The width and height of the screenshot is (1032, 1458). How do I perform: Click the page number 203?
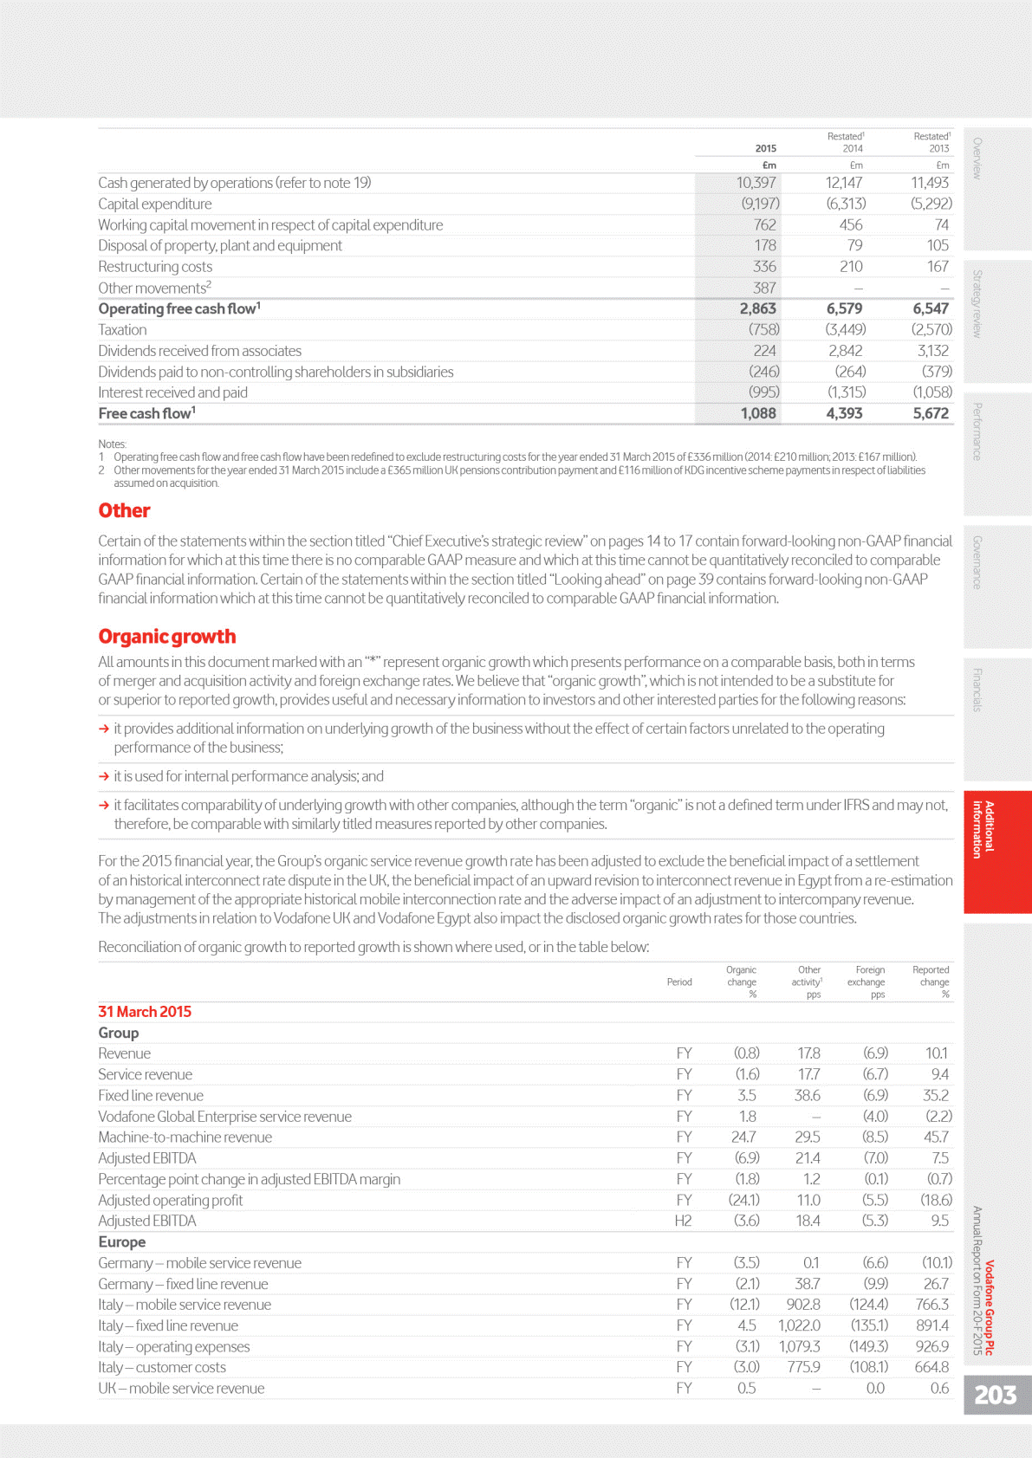click(x=995, y=1395)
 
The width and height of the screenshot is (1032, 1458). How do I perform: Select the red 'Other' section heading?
click(x=124, y=511)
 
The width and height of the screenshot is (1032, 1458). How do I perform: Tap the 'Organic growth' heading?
click(x=166, y=637)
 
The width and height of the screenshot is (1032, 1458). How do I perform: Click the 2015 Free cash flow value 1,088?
click(x=757, y=414)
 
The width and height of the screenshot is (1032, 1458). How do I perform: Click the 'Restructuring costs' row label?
click(x=155, y=267)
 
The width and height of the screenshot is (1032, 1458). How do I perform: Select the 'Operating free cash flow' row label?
click(x=178, y=309)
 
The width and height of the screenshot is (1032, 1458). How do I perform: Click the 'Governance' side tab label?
click(x=977, y=562)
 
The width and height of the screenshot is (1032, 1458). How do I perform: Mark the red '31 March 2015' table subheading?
click(x=145, y=1012)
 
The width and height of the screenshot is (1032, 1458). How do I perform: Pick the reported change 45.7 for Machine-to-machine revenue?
click(x=936, y=1137)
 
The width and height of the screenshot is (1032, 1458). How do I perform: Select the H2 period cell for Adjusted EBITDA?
click(x=683, y=1221)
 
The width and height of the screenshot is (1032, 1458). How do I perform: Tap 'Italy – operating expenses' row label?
click(x=173, y=1347)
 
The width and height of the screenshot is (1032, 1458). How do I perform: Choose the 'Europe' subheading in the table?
click(x=121, y=1242)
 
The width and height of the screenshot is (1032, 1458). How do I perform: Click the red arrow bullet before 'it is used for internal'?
click(x=104, y=777)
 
